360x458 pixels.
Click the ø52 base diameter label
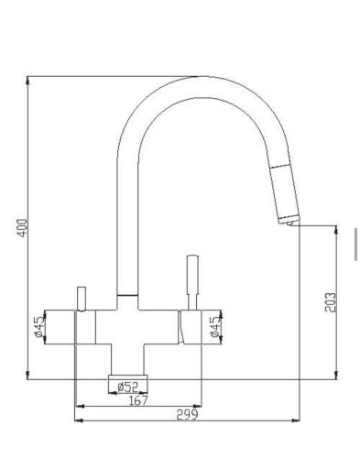[128, 387]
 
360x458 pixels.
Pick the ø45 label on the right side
[214, 326]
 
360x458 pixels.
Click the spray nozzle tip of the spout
[290, 221]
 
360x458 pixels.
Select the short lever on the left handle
[82, 299]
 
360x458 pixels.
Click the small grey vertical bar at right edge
[356, 243]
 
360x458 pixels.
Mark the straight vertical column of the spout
[127, 229]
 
